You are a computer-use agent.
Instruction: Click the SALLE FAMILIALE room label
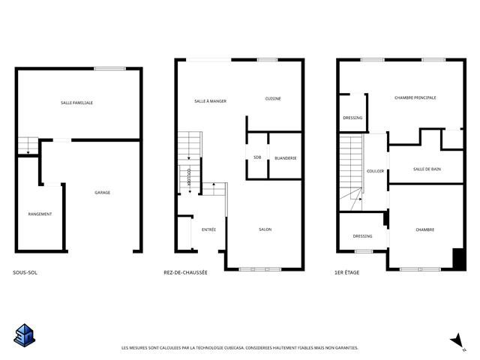pos(76,103)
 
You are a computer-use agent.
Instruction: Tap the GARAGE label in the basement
pos(102,193)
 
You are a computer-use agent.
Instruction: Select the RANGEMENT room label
pos(40,214)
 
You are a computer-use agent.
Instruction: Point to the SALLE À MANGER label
pos(210,101)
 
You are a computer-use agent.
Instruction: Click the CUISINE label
pos(273,98)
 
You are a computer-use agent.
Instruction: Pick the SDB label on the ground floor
pos(257,157)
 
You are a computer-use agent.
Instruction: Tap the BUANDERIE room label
pos(286,158)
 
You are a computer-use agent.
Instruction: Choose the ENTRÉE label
pos(208,229)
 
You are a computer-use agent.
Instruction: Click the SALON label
pos(265,229)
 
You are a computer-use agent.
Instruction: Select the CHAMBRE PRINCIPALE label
pos(415,97)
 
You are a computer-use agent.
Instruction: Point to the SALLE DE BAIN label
pos(427,169)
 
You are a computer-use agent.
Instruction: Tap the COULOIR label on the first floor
pos(375,171)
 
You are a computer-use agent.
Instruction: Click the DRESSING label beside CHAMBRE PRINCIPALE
pos(352,118)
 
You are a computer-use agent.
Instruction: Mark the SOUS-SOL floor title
pos(25,272)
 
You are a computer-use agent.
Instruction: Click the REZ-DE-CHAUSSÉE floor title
pos(185,272)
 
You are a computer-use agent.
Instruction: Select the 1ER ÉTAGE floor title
pos(347,272)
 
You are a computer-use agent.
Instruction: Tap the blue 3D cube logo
pos(25,335)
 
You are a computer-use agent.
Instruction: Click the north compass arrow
pos(457,340)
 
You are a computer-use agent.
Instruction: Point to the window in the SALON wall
pos(260,269)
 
